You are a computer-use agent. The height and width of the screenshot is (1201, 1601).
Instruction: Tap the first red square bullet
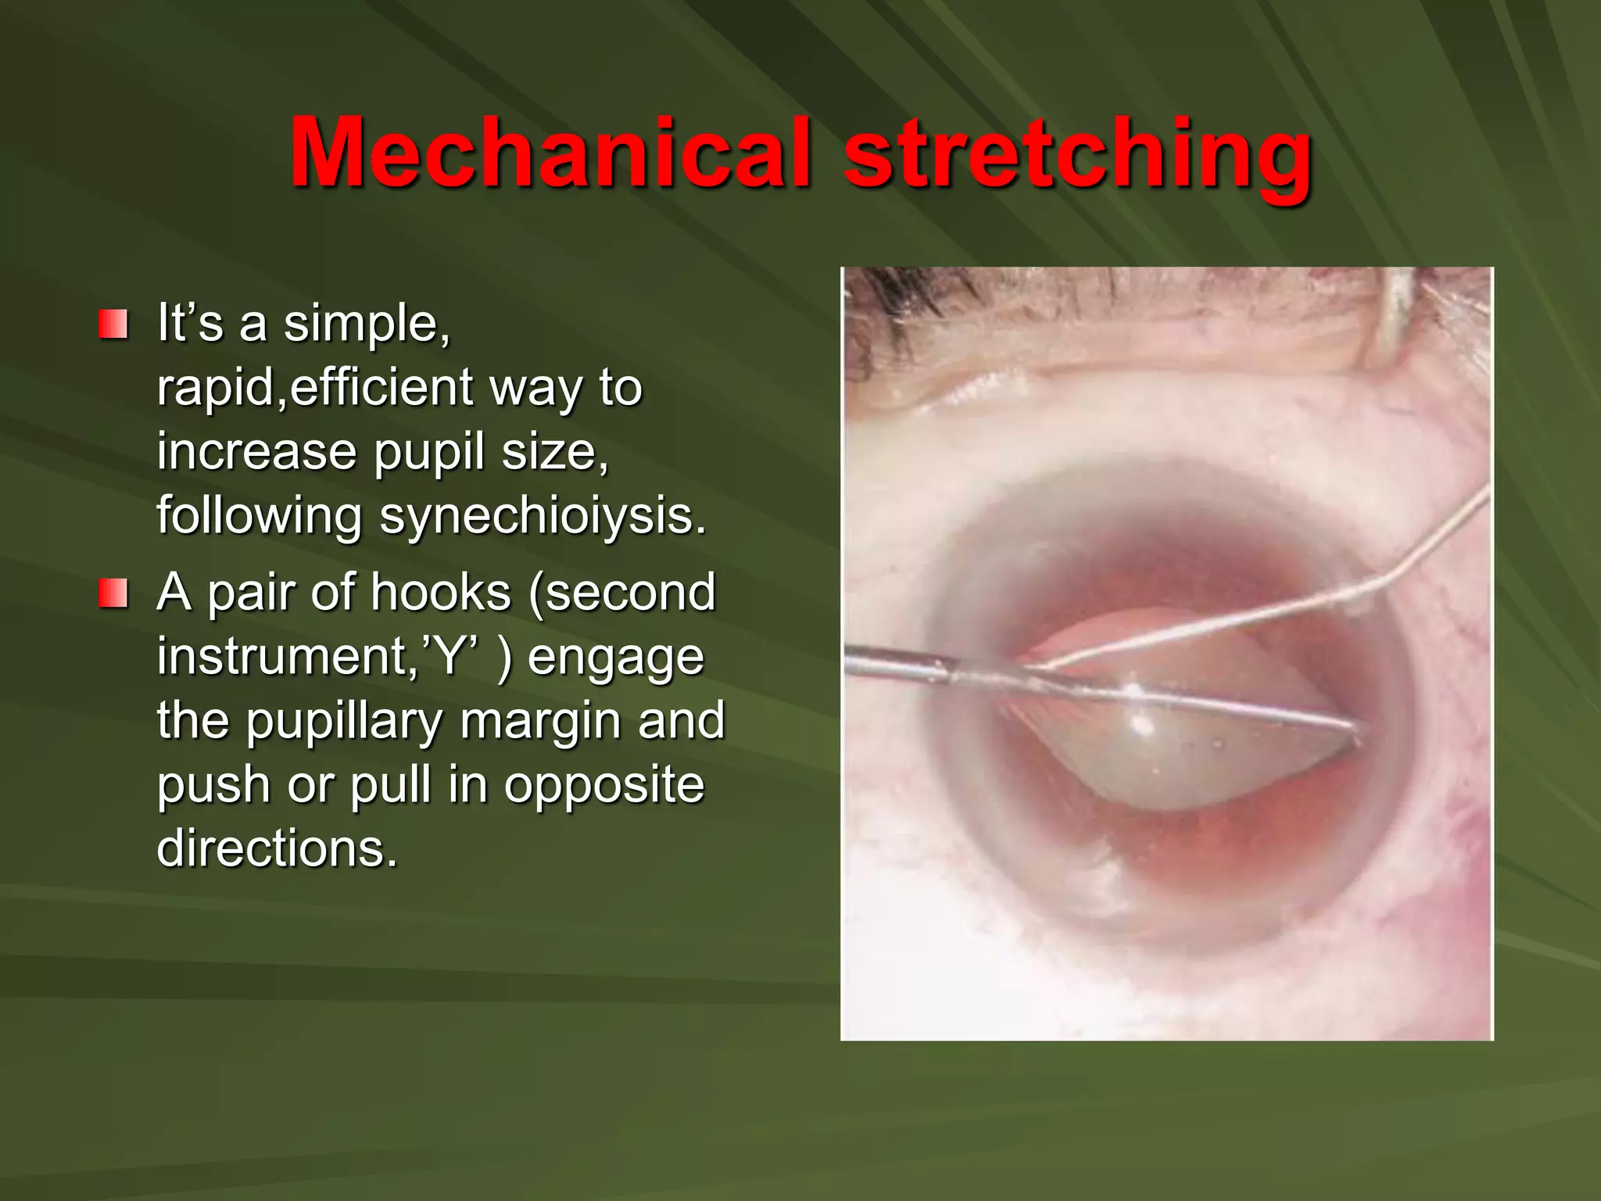[x=113, y=324]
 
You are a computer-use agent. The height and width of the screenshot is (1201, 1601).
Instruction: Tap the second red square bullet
[x=113, y=593]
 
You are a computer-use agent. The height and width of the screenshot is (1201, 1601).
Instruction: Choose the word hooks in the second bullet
[x=441, y=592]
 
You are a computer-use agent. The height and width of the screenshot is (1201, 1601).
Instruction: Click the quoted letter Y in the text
[x=450, y=656]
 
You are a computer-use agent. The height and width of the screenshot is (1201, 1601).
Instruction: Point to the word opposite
[x=604, y=785]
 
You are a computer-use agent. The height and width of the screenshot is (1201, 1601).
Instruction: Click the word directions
[x=277, y=848]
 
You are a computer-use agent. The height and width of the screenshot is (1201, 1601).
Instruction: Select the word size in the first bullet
[x=553, y=452]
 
